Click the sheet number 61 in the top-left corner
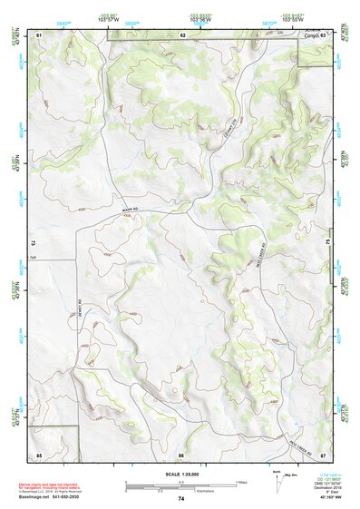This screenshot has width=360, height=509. point(40,34)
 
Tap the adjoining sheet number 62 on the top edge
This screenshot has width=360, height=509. point(182,34)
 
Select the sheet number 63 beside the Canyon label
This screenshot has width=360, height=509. point(323,34)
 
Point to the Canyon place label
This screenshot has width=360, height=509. point(311,34)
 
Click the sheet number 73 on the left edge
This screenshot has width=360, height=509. point(32,243)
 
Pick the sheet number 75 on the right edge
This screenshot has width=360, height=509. point(329,243)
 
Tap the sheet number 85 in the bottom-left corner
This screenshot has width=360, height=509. point(40,453)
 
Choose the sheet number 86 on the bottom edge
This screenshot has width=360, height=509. point(181,453)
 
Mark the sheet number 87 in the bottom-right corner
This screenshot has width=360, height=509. point(323,453)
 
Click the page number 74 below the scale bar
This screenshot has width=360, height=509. point(181,498)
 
